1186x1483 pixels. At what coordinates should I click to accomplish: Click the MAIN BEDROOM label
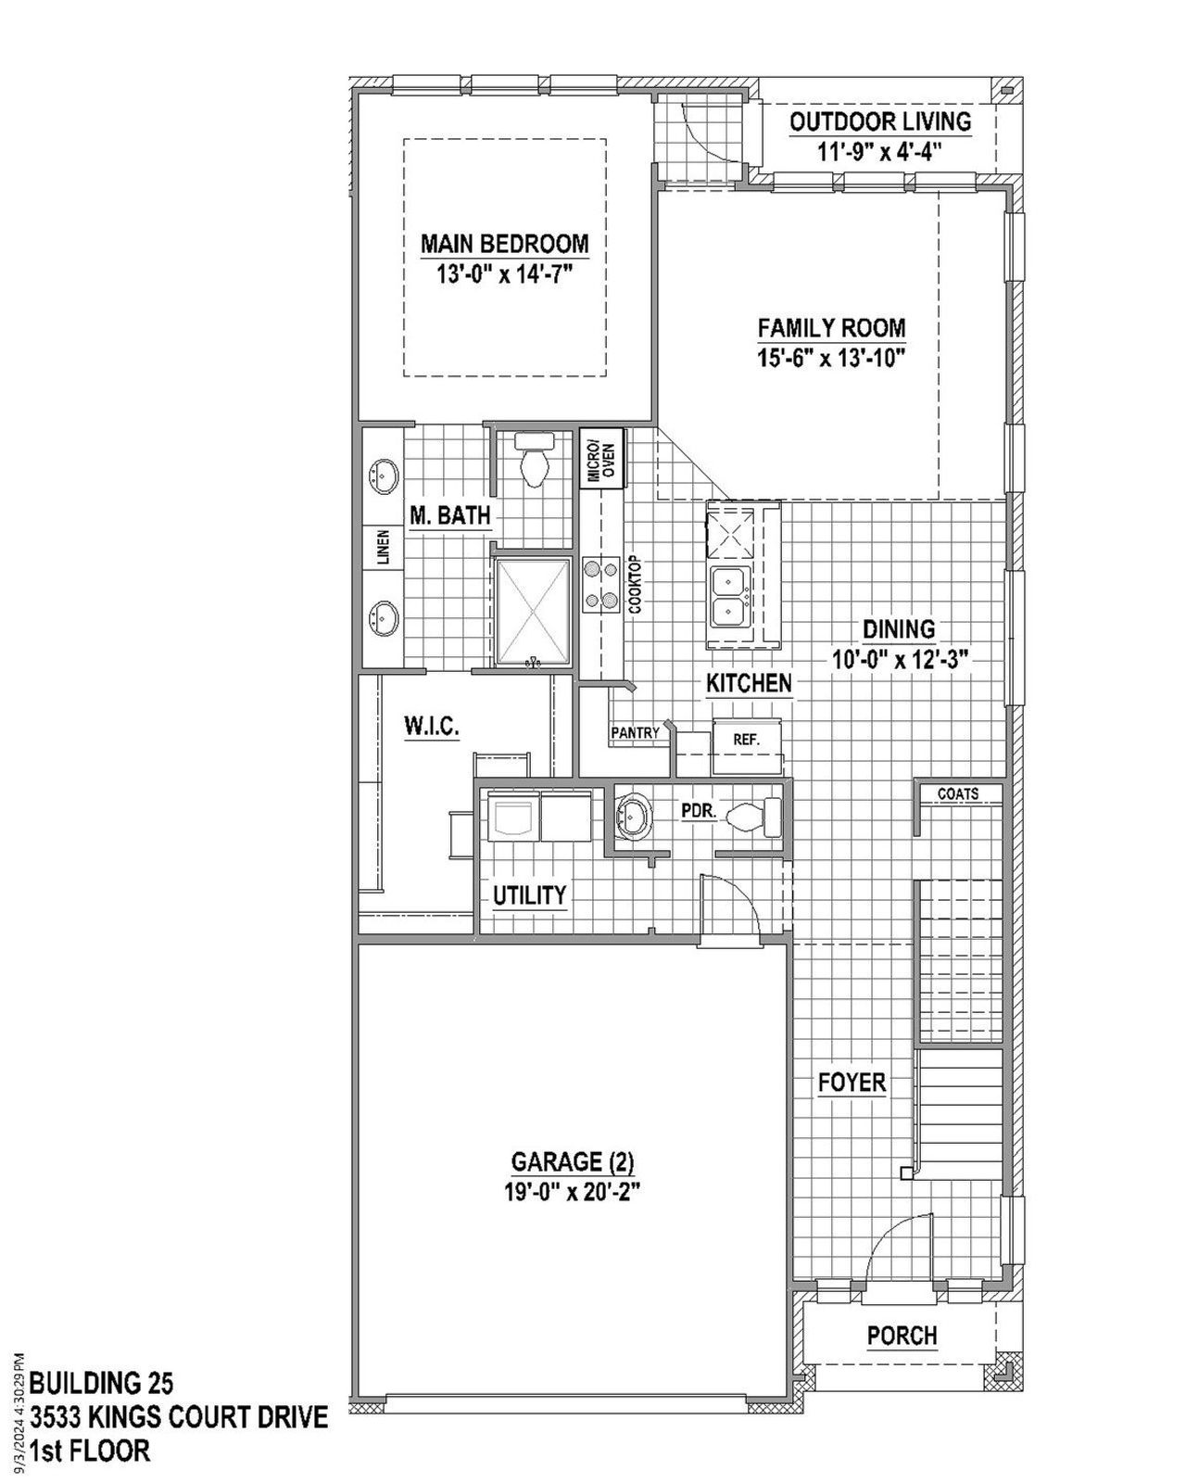pyautogui.click(x=504, y=244)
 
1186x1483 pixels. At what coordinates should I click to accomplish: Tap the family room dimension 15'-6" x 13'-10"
pyautogui.click(x=830, y=358)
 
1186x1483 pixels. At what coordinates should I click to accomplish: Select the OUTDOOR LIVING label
pyautogui.click(x=879, y=121)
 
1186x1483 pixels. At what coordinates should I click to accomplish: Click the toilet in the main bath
pyautogui.click(x=535, y=461)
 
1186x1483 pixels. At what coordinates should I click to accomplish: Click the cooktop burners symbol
pyautogui.click(x=600, y=586)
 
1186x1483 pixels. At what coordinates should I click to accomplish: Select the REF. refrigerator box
pyautogui.click(x=746, y=740)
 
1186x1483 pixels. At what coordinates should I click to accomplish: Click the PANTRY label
pyautogui.click(x=636, y=733)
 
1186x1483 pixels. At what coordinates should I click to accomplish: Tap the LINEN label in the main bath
pyautogui.click(x=383, y=548)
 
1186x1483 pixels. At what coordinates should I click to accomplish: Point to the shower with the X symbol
pyautogui.click(x=532, y=611)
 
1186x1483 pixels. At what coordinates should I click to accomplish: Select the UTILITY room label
pyautogui.click(x=529, y=895)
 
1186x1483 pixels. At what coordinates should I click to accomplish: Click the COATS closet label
pyautogui.click(x=957, y=794)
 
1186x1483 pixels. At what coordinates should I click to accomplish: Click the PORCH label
pyautogui.click(x=902, y=1336)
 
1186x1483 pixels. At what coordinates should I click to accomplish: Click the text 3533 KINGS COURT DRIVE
pyautogui.click(x=179, y=1417)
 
